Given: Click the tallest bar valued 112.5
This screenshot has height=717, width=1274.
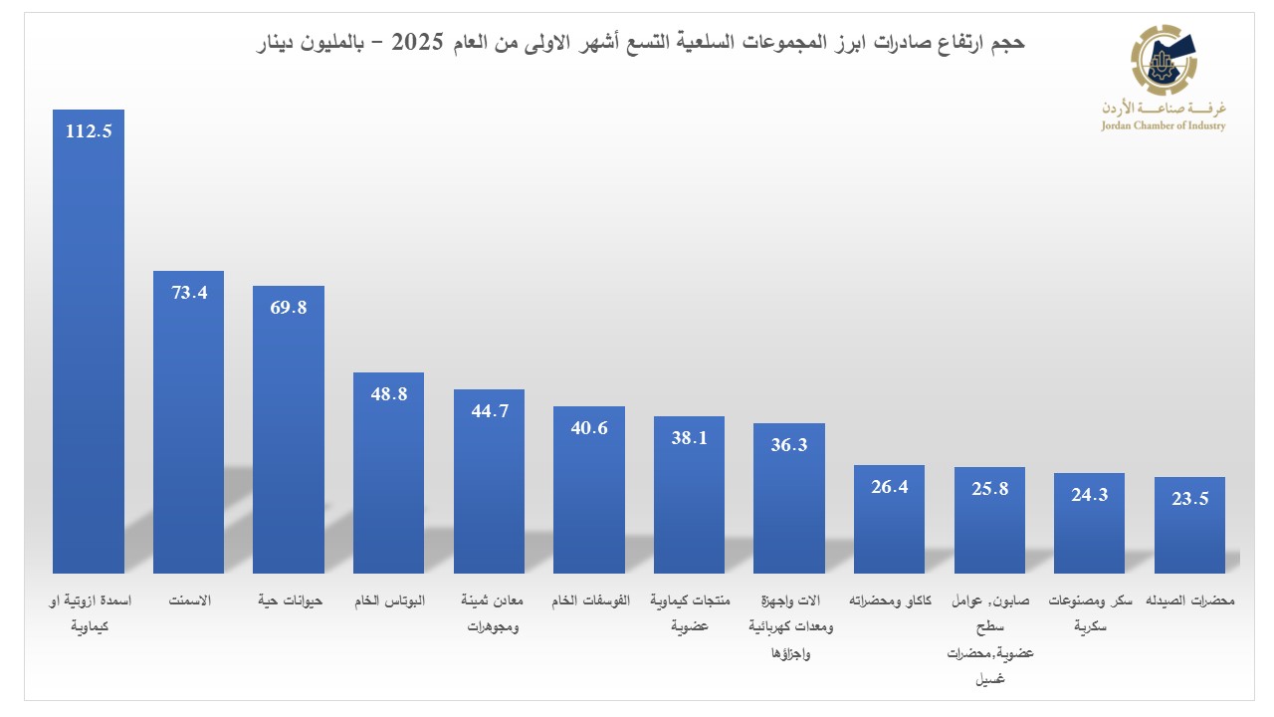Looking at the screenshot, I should tap(89, 341).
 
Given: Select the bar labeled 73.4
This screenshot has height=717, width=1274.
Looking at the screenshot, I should tap(188, 421).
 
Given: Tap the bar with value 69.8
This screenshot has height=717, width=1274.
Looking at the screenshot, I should tap(288, 429).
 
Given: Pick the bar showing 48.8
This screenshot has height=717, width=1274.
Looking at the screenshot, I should tap(388, 472).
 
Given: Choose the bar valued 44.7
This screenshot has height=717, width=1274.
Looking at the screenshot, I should tap(489, 481).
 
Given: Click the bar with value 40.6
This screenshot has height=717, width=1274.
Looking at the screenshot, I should tap(588, 489).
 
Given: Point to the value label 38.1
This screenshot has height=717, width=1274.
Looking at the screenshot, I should tap(689, 437).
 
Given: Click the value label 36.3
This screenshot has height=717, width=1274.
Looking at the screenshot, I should tap(788, 445).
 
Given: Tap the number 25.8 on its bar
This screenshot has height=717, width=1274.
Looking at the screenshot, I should tap(988, 489).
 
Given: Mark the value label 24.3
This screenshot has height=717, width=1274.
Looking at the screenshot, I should tap(1089, 495).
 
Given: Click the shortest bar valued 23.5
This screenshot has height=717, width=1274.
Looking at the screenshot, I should tap(1189, 525).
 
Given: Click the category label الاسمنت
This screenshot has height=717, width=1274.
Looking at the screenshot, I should tap(188, 601).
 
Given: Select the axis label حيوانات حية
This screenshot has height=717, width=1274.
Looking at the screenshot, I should tap(288, 601).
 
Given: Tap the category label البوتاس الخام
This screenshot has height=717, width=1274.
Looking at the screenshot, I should tap(388, 601).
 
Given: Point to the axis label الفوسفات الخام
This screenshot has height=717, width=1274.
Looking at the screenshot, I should tap(588, 601).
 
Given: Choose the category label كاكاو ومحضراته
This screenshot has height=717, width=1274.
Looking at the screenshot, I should tap(889, 601).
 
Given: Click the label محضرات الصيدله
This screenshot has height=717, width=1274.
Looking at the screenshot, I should tap(1189, 601).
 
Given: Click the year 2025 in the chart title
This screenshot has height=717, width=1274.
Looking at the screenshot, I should tap(418, 42).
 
